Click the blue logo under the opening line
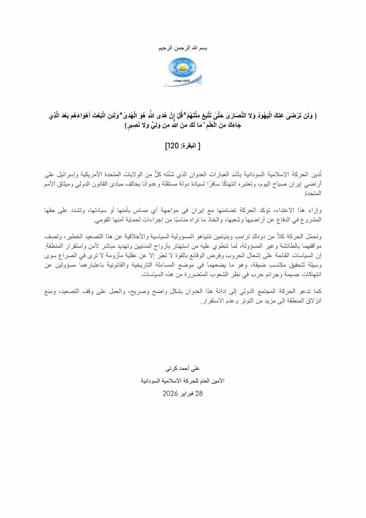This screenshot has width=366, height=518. click(183, 72)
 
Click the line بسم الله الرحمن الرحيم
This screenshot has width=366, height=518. click(183, 48)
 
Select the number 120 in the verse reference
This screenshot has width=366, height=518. click(172, 146)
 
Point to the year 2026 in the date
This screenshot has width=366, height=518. click(170, 394)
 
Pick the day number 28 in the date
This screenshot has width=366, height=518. click(199, 394)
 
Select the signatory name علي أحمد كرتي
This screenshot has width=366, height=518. click(183, 368)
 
